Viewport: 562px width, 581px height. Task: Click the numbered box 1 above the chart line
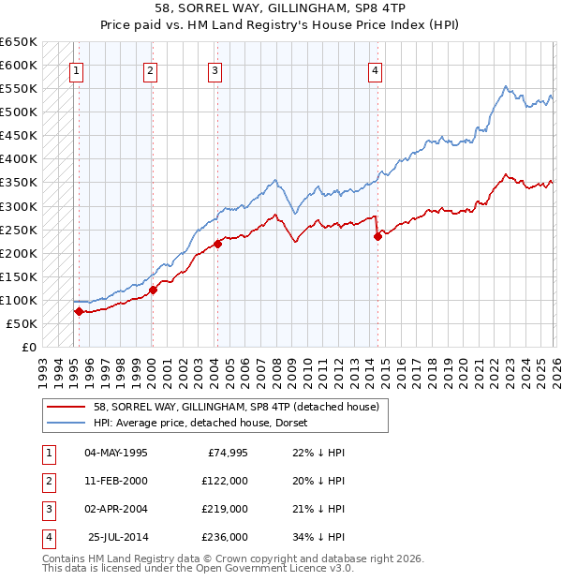[x=76, y=69]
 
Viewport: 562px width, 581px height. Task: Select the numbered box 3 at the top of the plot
[x=214, y=69]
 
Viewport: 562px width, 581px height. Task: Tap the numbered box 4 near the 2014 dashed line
[x=375, y=69]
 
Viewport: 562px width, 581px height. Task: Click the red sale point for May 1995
[x=79, y=311]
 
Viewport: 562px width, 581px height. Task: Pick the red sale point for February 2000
[x=153, y=290]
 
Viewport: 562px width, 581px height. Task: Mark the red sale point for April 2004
[x=217, y=244]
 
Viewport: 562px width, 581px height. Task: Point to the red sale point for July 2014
[x=377, y=236]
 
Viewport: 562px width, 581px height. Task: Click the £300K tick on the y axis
[x=19, y=206]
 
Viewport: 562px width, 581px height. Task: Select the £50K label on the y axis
[x=22, y=323]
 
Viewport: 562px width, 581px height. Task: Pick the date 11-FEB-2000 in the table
[x=115, y=481]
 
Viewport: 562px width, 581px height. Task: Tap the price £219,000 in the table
[x=225, y=509]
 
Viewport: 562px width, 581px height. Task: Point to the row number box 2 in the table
[x=48, y=481]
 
